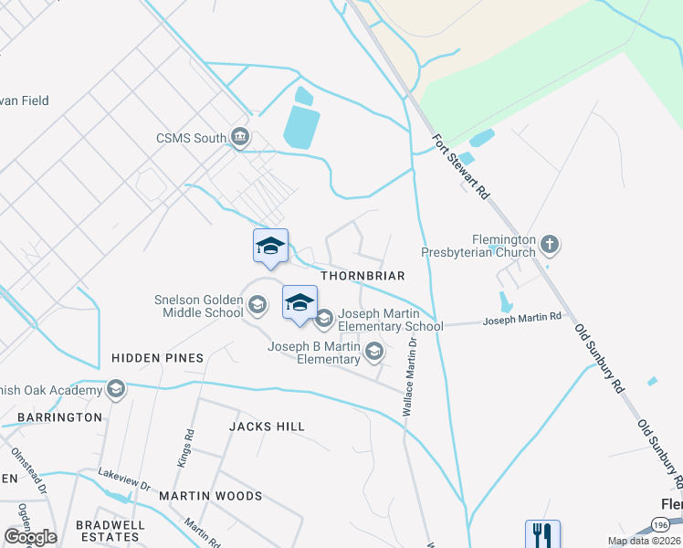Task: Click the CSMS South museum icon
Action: pos(240,138)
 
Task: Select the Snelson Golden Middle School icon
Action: pos(257,305)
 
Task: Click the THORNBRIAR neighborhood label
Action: pos(363,275)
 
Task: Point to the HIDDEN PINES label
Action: pos(158,358)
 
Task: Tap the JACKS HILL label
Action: pos(267,427)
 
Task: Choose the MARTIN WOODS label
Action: pos(211,496)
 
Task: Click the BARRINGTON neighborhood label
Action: pos(59,417)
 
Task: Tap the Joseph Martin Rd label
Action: pos(522,319)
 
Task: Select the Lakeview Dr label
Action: pos(125,484)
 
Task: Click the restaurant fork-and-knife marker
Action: pos(542,533)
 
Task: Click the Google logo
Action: pos(30,536)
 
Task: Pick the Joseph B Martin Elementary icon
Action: pos(373,351)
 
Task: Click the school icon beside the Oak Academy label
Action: pos(115,391)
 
